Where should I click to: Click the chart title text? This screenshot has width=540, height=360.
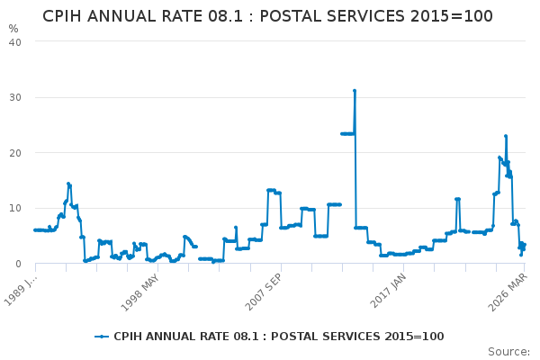(x=267, y=16)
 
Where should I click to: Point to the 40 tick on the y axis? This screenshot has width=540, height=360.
(x=15, y=41)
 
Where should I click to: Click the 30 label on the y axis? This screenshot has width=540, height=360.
(x=15, y=97)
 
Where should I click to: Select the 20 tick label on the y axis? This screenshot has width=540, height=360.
(x=15, y=153)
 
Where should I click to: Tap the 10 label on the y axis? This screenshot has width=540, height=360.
(x=15, y=208)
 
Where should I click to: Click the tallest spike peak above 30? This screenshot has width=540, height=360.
(x=355, y=91)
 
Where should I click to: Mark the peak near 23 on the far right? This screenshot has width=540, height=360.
(x=506, y=136)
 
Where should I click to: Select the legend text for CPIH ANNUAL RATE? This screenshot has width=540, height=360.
(x=278, y=337)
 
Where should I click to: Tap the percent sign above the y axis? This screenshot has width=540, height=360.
(x=13, y=29)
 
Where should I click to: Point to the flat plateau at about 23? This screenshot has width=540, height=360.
(x=346, y=133)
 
